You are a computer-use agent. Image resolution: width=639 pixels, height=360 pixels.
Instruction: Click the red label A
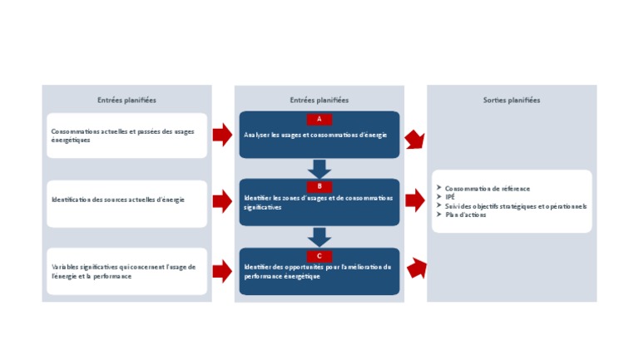(319, 119)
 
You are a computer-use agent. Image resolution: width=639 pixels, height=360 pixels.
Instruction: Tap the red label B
(319, 186)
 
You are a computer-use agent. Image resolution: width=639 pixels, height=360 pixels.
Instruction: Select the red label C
(319, 255)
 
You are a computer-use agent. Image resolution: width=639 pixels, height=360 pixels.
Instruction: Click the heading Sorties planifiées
(511, 101)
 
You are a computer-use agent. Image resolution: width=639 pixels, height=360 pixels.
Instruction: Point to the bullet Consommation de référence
(488, 189)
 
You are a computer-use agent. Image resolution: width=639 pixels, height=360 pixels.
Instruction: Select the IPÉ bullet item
(450, 197)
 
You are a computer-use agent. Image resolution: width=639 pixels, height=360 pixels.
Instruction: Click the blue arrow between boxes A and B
(319, 169)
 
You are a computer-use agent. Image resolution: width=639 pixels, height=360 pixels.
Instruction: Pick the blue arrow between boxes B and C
(319, 237)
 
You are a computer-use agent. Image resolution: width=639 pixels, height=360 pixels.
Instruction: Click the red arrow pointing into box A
(222, 135)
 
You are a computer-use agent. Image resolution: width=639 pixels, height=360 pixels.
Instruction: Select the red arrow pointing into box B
(222, 201)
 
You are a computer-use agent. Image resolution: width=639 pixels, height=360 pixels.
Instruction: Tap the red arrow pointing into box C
(222, 271)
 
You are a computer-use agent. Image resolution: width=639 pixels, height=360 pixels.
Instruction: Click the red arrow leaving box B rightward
(414, 200)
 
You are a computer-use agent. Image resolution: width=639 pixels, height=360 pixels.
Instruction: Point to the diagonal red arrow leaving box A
(414, 140)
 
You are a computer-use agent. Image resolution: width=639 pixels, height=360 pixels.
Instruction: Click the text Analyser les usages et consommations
(315, 135)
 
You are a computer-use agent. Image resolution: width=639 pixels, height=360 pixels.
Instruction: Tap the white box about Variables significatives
(126, 271)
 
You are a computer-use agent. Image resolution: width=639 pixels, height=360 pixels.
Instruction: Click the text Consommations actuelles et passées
(122, 136)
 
